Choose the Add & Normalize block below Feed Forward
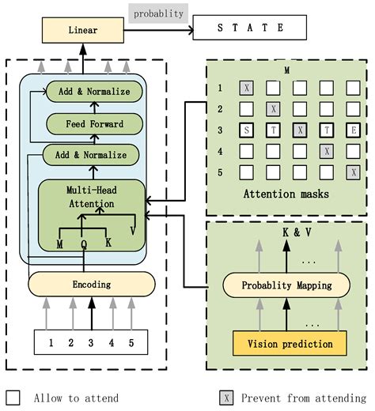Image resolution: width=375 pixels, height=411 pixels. (x=85, y=154)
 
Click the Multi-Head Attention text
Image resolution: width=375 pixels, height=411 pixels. (x=88, y=197)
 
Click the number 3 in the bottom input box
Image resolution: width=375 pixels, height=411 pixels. (x=90, y=344)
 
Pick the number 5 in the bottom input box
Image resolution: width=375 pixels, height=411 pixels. (x=131, y=344)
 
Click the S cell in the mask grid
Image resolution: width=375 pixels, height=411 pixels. (x=247, y=129)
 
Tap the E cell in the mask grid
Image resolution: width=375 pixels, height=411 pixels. (x=353, y=129)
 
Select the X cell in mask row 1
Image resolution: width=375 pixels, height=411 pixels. (x=247, y=88)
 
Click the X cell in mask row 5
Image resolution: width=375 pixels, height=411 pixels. (x=353, y=171)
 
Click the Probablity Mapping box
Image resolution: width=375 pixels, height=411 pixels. (x=286, y=285)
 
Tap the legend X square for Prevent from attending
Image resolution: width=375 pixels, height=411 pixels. (x=226, y=397)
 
